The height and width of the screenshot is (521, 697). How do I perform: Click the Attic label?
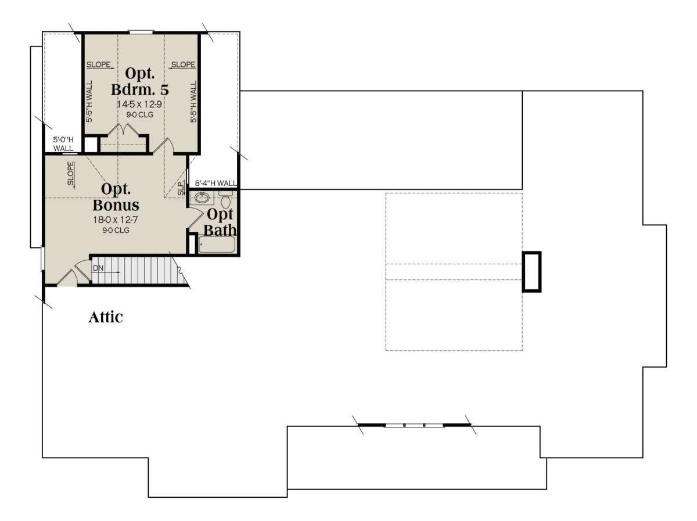click(106, 317)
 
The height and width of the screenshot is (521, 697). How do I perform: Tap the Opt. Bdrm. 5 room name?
click(140, 81)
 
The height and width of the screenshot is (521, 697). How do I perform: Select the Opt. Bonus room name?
click(116, 197)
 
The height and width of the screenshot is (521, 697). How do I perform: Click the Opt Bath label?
click(220, 222)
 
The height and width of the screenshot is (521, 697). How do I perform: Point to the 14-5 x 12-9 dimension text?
click(140, 104)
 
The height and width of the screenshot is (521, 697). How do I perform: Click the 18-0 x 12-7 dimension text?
click(116, 220)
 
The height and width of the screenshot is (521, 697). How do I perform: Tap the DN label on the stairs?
click(98, 268)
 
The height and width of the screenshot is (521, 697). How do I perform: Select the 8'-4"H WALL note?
click(215, 183)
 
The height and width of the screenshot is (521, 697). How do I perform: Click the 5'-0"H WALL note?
click(63, 144)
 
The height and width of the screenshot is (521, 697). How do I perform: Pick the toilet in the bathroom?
click(226, 200)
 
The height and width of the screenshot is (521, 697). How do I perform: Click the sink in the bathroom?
click(202, 198)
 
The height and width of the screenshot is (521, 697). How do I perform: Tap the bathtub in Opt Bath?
click(217, 245)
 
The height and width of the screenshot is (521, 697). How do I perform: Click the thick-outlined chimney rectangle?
click(532, 272)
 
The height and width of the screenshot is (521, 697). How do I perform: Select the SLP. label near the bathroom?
click(181, 188)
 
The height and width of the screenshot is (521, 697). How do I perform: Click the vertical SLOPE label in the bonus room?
click(71, 174)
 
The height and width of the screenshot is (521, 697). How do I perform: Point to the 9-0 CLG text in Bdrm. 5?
click(140, 114)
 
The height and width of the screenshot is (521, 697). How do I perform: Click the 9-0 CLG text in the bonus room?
click(116, 230)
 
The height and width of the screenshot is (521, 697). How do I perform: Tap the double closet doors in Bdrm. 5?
click(123, 130)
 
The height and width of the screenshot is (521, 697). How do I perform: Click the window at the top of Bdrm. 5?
click(141, 32)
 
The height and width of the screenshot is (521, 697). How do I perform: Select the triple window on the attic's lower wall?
click(414, 425)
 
